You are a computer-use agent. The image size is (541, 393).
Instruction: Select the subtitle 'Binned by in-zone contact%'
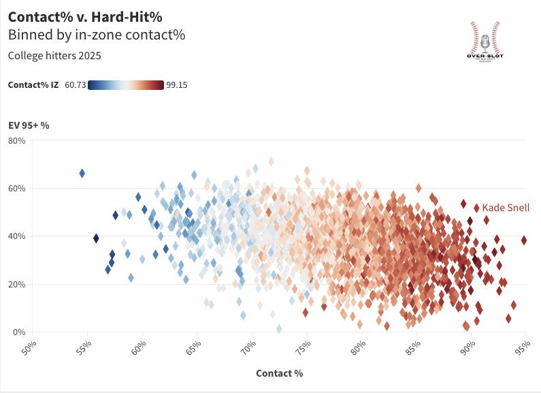[x=96, y=34]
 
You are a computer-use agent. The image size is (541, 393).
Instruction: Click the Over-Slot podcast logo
[x=485, y=42]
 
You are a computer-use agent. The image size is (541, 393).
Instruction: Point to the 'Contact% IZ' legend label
[x=33, y=85]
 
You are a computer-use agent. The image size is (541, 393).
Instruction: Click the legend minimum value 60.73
[x=75, y=85]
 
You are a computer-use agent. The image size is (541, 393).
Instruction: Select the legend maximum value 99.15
[x=177, y=85]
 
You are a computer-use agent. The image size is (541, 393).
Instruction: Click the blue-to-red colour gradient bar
[x=126, y=85]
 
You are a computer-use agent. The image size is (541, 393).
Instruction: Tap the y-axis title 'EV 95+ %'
[x=29, y=125]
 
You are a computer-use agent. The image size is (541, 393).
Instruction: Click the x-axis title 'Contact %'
[x=279, y=373]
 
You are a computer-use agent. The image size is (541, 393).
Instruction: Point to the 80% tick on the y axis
[x=16, y=141]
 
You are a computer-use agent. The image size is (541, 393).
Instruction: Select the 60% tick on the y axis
[x=16, y=189]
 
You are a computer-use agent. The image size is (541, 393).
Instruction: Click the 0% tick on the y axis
[x=19, y=332]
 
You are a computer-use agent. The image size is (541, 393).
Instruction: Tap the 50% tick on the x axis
[x=29, y=347]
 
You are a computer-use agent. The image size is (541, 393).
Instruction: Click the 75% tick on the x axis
[x=304, y=347]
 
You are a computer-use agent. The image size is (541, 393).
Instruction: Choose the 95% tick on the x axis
[x=523, y=347]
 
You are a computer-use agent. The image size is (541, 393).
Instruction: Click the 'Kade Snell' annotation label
[x=505, y=208]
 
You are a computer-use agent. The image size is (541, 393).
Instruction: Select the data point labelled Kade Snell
[x=476, y=208]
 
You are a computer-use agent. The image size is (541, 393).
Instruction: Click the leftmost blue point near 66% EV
[x=82, y=174]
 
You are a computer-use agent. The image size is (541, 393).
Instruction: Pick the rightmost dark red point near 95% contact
[x=524, y=240]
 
